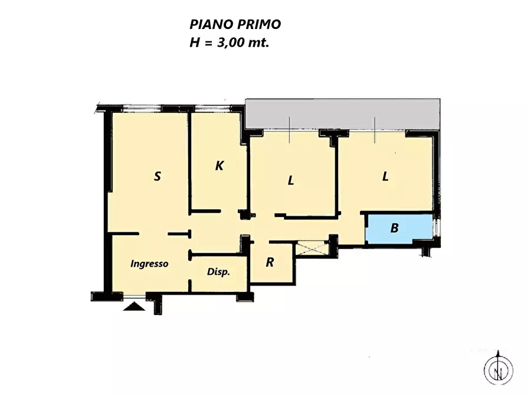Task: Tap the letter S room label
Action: [157, 176]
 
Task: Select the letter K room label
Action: [219, 166]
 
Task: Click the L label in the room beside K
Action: [290, 181]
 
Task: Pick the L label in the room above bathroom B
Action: [385, 177]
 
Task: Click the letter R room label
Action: [270, 262]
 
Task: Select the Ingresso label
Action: [149, 264]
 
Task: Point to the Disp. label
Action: [218, 272]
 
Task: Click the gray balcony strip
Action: [342, 113]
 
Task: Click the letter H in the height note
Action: [194, 43]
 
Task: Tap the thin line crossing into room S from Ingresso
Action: [153, 234]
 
